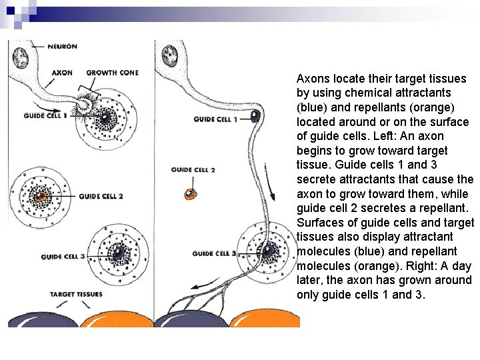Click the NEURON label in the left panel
(62, 47)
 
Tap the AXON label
(61, 73)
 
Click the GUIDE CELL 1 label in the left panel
(44, 115)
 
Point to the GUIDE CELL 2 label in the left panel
(101, 197)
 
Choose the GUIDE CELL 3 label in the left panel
(63, 257)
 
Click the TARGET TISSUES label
(76, 294)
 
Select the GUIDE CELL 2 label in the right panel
(193, 170)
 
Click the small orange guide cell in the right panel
(192, 193)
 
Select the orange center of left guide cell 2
(43, 196)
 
